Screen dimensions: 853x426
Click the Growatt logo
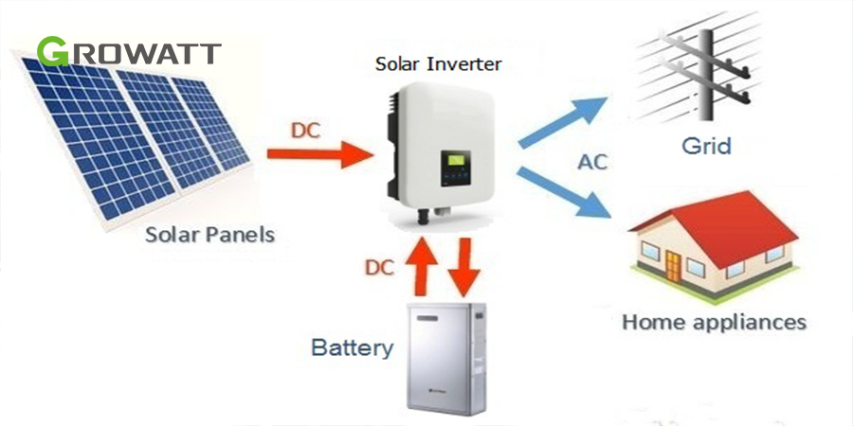129,52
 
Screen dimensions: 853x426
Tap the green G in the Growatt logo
52,52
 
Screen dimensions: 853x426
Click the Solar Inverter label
439,64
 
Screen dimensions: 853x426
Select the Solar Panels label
210,235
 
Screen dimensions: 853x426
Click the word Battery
352,347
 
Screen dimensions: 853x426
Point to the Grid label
706,146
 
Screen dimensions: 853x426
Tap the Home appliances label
714,322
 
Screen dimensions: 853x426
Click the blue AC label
591,162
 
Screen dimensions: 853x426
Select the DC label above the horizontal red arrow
307,132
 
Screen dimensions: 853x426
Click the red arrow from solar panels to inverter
320,154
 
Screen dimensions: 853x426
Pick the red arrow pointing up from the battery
422,266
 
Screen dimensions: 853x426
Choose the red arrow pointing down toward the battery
463,267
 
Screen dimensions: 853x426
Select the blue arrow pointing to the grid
562,122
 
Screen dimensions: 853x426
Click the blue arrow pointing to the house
564,193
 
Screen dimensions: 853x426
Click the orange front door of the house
673,266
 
